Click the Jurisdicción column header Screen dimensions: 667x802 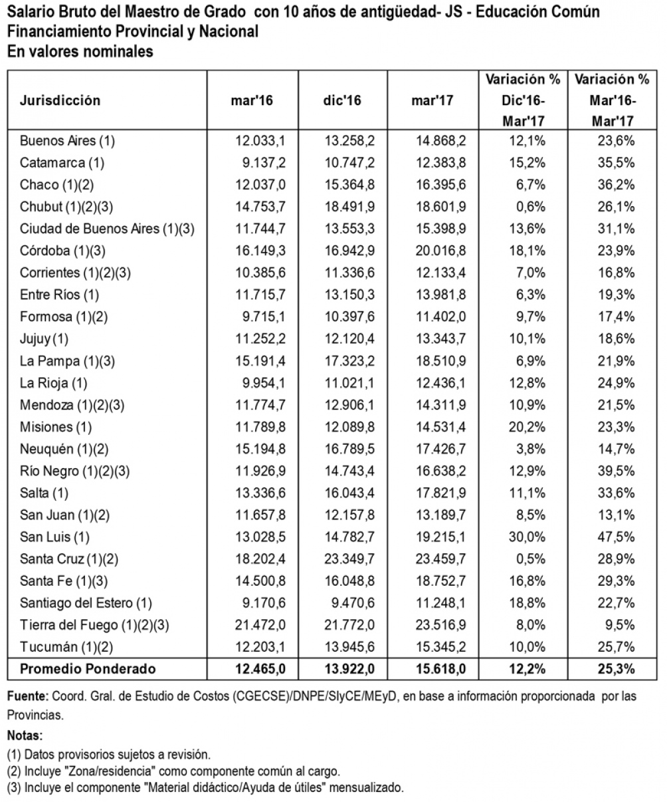point(60,100)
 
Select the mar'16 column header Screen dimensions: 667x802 point(252,100)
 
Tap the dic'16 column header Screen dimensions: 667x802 point(342,100)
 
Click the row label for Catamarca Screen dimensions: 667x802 point(62,163)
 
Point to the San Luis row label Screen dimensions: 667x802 point(54,537)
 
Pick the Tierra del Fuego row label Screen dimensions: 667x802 point(94,625)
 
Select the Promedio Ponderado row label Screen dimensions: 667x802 point(88,669)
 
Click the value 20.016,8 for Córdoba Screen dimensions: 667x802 point(440,251)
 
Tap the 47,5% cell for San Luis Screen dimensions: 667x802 point(616,537)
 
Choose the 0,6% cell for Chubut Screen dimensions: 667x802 point(531,207)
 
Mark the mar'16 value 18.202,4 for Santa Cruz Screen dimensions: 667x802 point(260,559)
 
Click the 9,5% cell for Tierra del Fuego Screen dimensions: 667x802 point(620,625)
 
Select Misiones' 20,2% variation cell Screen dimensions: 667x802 point(527,427)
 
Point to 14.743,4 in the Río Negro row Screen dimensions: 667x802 point(349,471)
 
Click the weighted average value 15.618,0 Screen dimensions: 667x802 point(441,669)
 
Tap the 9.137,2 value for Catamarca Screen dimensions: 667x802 point(264,163)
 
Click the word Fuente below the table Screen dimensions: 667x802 point(28,696)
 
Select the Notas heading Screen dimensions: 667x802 point(25,735)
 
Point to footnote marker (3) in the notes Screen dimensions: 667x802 point(14,787)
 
